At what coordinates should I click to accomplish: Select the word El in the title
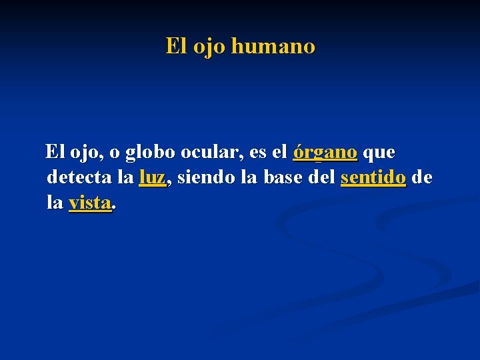[x=176, y=47]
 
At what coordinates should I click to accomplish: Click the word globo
[x=150, y=153]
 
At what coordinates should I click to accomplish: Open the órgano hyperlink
[x=325, y=153]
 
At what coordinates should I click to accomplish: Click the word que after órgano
[x=380, y=153]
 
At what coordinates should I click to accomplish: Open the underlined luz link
[x=152, y=178]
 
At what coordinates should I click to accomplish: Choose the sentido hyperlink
[x=373, y=179]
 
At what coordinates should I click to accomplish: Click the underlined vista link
[x=90, y=203]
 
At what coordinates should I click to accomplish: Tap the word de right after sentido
[x=422, y=178]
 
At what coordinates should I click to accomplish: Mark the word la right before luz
[x=124, y=178]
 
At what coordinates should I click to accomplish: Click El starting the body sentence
[x=55, y=153]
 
